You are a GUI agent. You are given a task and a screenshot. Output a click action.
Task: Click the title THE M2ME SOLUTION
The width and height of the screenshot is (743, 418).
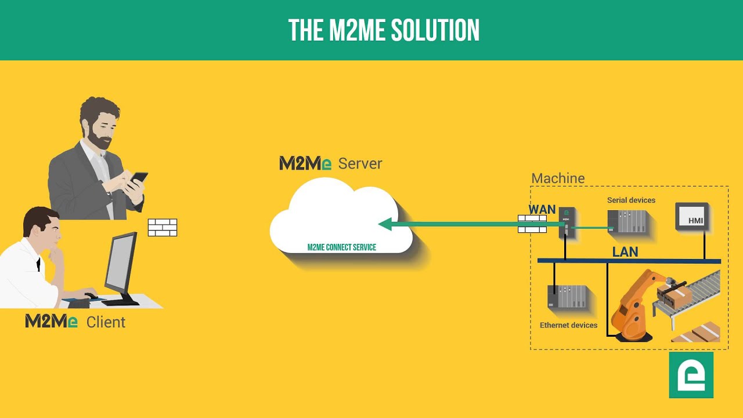point(384,31)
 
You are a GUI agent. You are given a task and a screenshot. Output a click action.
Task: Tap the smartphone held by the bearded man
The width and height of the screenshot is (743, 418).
point(138,178)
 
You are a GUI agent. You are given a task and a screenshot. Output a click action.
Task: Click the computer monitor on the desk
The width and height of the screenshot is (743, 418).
point(121,265)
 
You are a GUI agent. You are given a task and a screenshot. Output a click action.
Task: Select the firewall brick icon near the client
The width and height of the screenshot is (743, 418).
point(163,227)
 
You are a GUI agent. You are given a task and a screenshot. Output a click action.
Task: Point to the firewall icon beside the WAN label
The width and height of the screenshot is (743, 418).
point(532,224)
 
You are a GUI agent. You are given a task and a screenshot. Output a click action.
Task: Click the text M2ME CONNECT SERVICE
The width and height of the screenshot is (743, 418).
point(341,247)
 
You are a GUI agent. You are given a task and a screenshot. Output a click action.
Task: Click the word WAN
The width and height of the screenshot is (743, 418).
point(542,210)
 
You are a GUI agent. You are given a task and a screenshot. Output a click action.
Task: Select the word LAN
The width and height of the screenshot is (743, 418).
point(625,252)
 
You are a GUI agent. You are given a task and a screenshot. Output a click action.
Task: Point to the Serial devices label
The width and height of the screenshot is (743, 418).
point(631,200)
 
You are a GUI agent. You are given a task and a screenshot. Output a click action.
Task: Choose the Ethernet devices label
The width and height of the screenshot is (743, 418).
point(568,325)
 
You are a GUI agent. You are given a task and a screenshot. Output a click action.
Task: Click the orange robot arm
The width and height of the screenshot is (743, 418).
point(635,305)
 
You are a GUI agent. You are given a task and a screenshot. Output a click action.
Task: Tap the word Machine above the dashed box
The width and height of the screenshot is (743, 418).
point(558,178)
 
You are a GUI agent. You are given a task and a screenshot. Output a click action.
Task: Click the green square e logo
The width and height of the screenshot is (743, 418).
point(691,375)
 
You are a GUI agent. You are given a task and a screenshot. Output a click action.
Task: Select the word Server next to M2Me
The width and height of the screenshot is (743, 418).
point(360,164)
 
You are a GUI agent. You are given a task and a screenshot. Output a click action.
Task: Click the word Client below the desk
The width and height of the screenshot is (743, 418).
point(106,322)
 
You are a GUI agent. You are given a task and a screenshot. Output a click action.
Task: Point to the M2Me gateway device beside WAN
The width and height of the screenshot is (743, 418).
point(567,222)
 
